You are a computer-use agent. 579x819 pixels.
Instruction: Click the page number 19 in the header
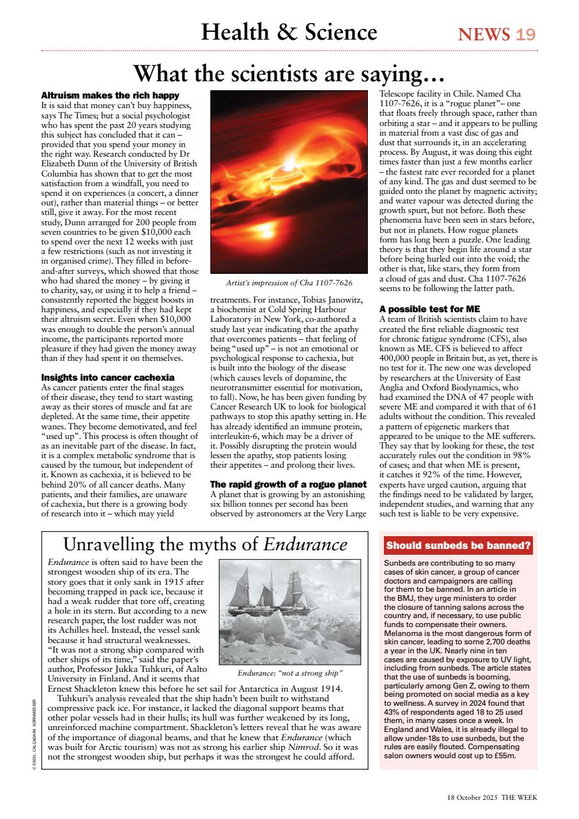tap(525, 34)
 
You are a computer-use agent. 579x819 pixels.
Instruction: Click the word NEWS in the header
tap(484, 34)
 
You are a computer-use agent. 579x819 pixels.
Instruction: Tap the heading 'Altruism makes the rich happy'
tap(110, 95)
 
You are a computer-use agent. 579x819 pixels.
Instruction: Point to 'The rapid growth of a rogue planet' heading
tap(288, 484)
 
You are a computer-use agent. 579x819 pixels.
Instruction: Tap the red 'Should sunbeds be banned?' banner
tap(458, 546)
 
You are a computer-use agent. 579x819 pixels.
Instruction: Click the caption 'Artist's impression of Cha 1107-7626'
tap(289, 282)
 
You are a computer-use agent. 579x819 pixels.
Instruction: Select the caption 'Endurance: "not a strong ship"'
tap(290, 673)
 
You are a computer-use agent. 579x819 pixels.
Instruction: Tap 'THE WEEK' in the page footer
tap(519, 797)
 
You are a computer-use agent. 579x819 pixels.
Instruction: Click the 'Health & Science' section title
tap(289, 32)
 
